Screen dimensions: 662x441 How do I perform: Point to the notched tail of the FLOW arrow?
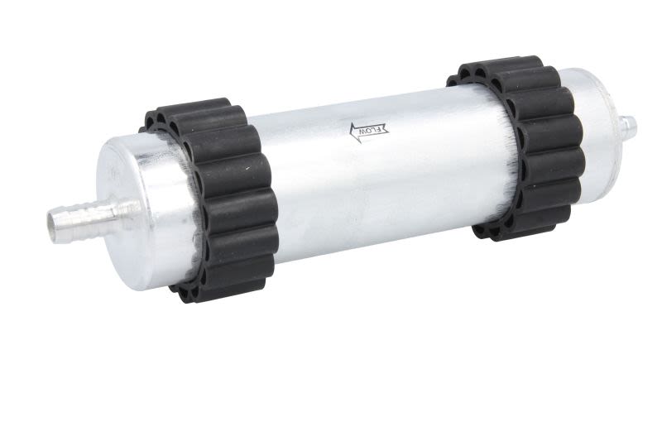click(386, 129)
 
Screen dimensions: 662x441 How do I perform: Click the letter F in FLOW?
click(382, 129)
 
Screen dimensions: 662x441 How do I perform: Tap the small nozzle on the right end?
click(628, 127)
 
